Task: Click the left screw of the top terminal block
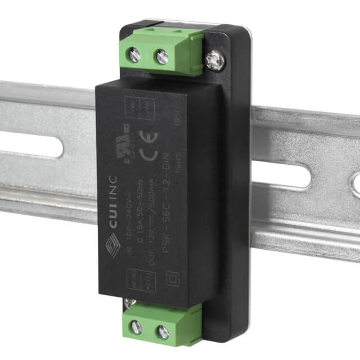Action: pos(135,55)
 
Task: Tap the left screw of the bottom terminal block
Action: pos(137,327)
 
